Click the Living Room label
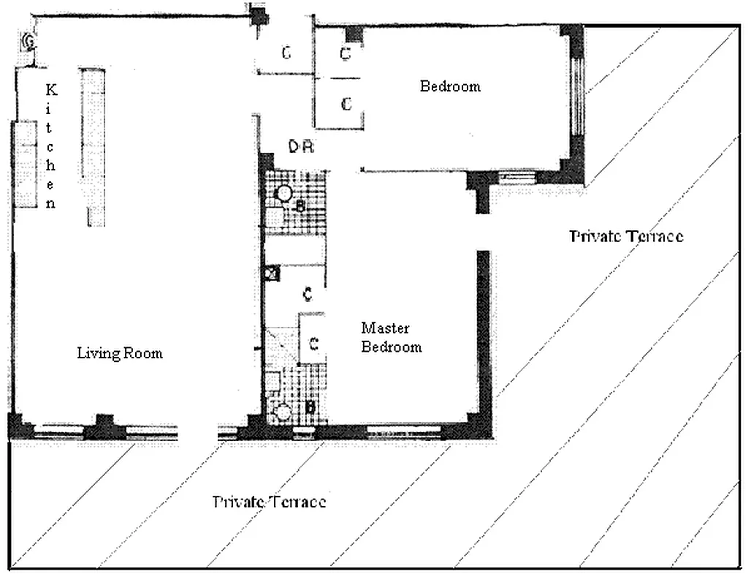tap(120, 353)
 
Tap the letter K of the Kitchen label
tap(51, 90)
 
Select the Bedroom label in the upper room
tap(450, 86)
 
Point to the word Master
tap(385, 328)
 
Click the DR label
tap(301, 147)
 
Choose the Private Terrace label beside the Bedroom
tap(626, 236)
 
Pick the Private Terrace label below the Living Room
tap(269, 502)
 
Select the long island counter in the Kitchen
tap(94, 147)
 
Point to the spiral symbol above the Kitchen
tap(28, 42)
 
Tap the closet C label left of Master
tap(313, 344)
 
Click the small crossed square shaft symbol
tap(272, 273)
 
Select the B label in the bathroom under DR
tap(300, 207)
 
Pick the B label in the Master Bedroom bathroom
tap(310, 407)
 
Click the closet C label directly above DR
tap(346, 104)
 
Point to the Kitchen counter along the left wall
tap(25, 165)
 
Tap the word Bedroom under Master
tap(392, 347)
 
